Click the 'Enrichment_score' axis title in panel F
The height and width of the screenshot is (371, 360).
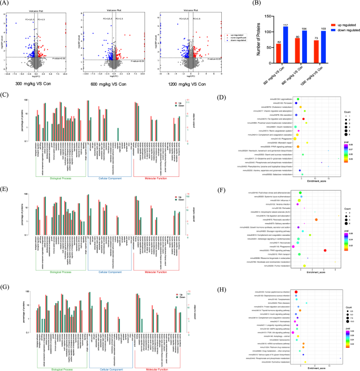tap(314, 272)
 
